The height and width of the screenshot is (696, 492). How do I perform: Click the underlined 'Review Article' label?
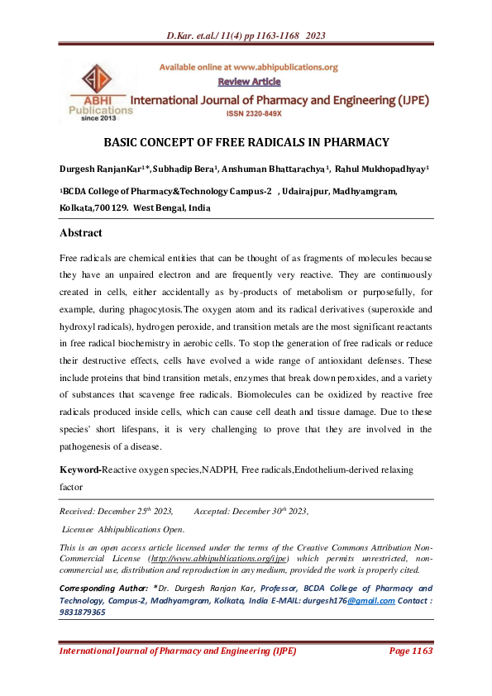[x=249, y=81]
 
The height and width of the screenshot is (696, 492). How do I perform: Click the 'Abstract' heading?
[x=81, y=232]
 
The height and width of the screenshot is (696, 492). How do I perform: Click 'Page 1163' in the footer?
[x=410, y=651]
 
